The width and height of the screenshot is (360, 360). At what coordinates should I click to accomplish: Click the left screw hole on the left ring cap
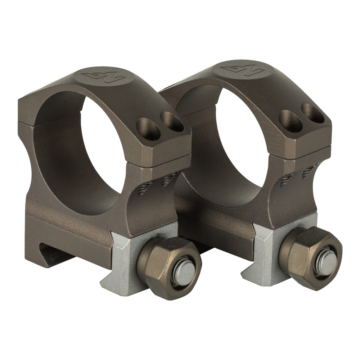coord(148,129)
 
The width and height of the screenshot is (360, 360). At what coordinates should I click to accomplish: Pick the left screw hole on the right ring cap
coord(290,120)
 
